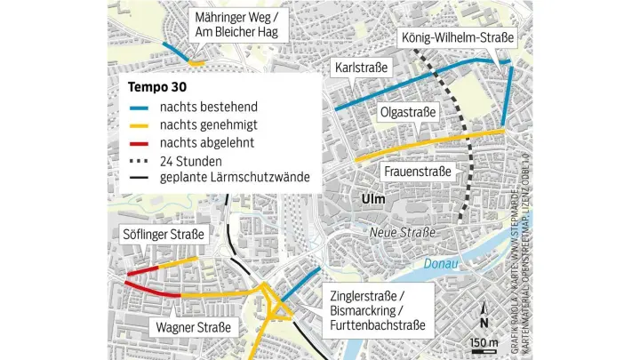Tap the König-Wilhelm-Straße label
tap(457, 40)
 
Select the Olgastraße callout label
tap(408, 113)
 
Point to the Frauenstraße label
tap(418, 170)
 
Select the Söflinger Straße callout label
tap(163, 235)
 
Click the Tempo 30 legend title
tap(156, 87)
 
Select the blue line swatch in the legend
tap(139, 107)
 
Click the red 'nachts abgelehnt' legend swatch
tap(139, 142)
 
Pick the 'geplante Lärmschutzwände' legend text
tap(235, 178)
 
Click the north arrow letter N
tap(484, 323)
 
